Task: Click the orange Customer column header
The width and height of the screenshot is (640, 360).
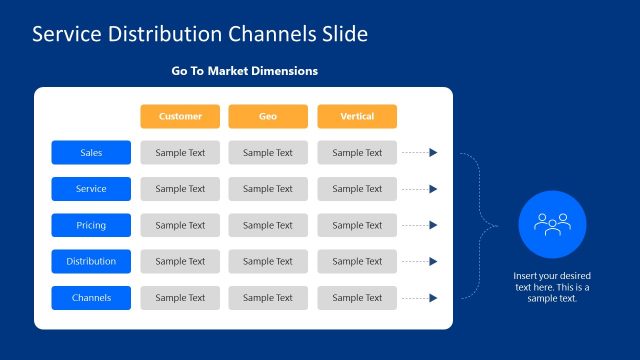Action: pos(180,116)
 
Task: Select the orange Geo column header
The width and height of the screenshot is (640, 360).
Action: pos(268,116)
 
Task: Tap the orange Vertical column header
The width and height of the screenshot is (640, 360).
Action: pos(357,116)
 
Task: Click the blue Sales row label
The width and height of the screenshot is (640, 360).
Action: pos(91,153)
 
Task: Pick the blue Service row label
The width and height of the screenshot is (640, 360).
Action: pos(91,189)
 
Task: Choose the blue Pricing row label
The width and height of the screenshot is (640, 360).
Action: pos(91,225)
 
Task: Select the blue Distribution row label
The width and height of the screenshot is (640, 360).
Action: pos(91,261)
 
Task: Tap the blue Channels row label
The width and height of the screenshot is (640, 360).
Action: pos(91,297)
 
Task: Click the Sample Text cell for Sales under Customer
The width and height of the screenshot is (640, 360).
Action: pos(180,153)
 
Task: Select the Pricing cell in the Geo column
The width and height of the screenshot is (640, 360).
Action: pos(268,225)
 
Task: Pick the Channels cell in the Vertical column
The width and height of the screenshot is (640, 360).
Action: pos(357,297)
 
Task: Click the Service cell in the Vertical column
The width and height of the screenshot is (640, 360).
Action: pos(357,189)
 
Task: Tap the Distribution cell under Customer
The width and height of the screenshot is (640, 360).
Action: pos(180,261)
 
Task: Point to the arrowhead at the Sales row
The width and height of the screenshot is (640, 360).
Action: pos(433,153)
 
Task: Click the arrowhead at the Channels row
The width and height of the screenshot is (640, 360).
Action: pos(433,297)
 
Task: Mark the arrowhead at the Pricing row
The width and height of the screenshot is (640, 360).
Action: pos(433,225)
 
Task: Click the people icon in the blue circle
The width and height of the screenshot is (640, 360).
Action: pos(552,224)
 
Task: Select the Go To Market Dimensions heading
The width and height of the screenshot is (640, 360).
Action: pos(245,71)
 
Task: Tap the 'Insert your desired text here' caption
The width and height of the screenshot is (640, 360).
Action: pos(552,286)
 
